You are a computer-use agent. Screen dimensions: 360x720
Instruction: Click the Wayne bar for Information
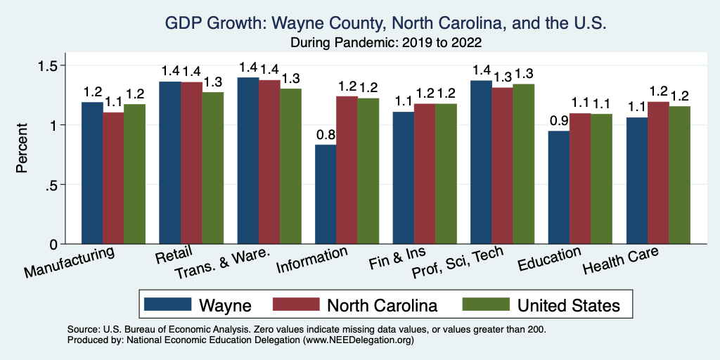(x=326, y=194)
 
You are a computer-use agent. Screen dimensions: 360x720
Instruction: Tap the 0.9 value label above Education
(x=559, y=121)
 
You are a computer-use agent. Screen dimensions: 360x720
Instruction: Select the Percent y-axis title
(x=22, y=148)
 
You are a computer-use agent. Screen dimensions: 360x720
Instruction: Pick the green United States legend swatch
(x=485, y=304)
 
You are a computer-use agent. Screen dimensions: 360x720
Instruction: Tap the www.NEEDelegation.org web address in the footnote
(x=358, y=340)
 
